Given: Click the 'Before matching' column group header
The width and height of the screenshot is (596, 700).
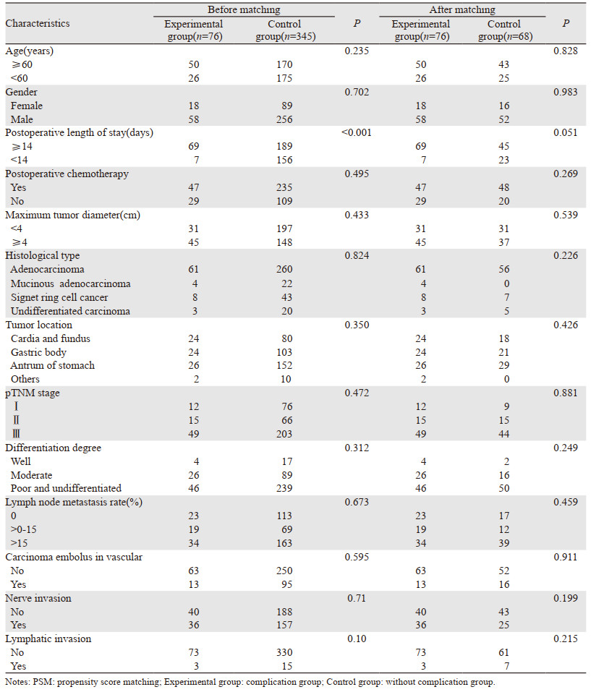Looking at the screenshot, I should click(244, 10).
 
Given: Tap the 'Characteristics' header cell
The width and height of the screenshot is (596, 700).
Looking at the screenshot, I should click(38, 23).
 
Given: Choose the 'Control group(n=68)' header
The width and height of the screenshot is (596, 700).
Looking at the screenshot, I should click(504, 30).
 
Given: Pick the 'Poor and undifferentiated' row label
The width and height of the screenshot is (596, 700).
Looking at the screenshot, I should click(66, 488).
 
